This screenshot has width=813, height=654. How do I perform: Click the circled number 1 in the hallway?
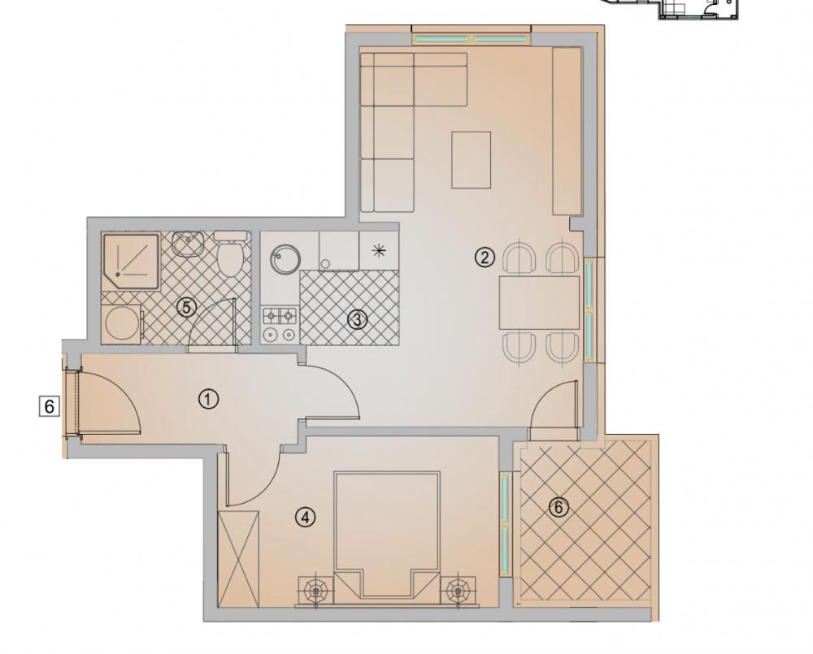click(208, 400)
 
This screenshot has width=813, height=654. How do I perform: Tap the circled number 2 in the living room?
click(485, 257)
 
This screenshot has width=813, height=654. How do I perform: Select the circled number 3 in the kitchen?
click(357, 320)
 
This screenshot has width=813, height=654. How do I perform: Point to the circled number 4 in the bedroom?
click(306, 517)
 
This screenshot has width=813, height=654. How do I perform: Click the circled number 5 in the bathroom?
click(187, 307)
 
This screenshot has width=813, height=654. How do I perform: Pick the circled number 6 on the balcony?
click(559, 507)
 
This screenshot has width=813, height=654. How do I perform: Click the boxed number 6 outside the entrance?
click(50, 405)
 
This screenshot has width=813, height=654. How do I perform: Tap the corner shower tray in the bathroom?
click(131, 262)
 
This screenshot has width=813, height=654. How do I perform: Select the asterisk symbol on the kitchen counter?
click(380, 250)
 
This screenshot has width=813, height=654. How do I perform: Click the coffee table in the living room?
click(472, 159)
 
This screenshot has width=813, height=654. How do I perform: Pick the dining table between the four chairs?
click(539, 303)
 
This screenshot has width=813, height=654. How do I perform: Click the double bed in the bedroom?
click(387, 537)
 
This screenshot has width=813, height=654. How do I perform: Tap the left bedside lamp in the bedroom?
click(315, 590)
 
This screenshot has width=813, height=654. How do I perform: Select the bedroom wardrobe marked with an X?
click(238, 559)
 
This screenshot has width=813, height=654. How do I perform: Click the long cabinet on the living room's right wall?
click(567, 131)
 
